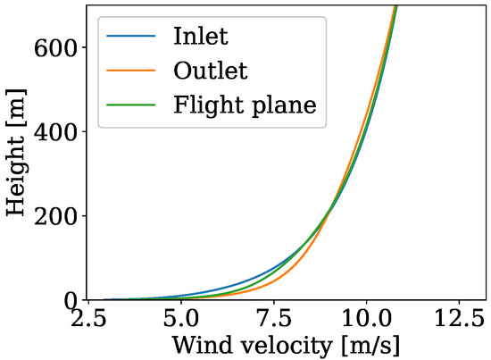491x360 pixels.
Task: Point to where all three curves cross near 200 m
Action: [x=331, y=208]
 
